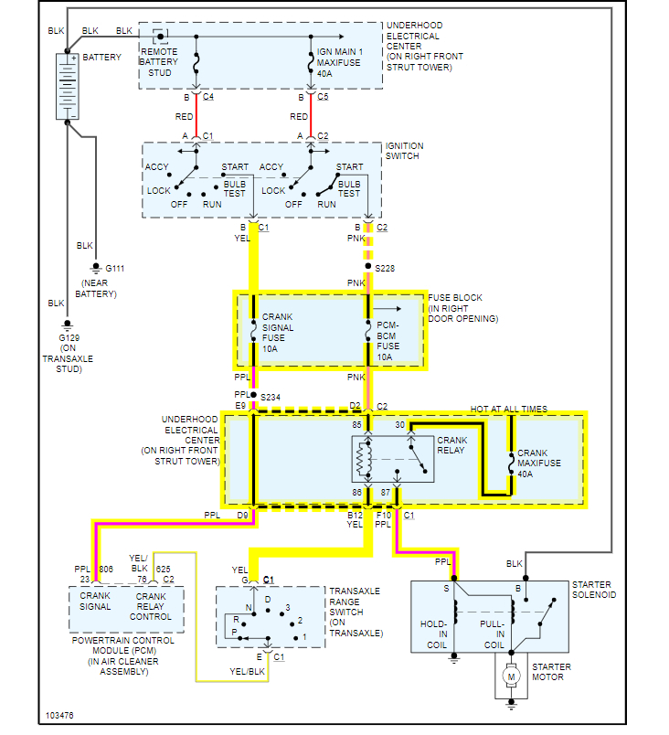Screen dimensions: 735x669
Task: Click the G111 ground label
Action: click(115, 269)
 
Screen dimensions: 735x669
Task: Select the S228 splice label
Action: click(388, 268)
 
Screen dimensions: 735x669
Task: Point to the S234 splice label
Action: click(271, 398)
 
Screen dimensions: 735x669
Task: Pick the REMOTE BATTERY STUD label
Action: click(165, 61)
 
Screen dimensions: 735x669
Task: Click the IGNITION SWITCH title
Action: click(402, 151)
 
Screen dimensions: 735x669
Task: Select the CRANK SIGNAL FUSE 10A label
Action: click(279, 332)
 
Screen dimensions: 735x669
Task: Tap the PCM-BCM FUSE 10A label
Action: click(388, 341)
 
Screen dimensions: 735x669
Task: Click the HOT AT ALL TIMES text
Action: click(508, 409)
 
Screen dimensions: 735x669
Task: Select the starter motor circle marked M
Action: click(512, 676)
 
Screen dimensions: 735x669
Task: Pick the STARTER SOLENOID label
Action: click(594, 590)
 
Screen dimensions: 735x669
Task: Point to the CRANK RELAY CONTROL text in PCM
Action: click(151, 607)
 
